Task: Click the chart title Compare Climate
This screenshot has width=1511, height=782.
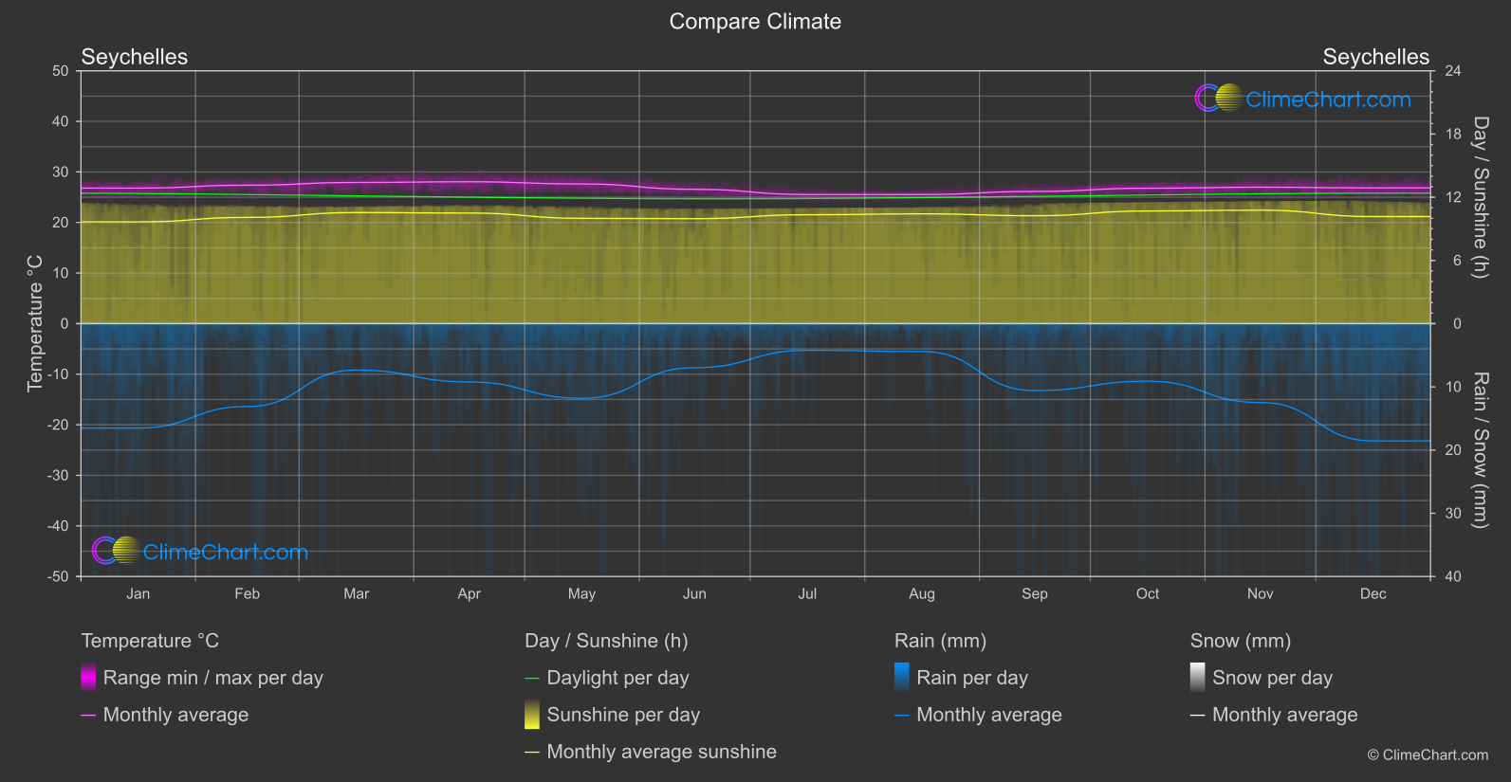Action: [755, 22]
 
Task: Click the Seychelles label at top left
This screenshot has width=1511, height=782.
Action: [135, 57]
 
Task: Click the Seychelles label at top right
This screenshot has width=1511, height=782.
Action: [1375, 57]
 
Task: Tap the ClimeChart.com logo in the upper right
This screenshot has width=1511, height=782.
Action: [1303, 99]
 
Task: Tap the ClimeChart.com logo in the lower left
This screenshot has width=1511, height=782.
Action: [200, 552]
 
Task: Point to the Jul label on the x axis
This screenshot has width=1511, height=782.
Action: [807, 594]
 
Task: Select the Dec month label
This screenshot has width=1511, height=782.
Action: [1373, 594]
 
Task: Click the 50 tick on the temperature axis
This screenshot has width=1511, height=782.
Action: [61, 71]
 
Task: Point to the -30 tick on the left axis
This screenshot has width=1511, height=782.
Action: [58, 476]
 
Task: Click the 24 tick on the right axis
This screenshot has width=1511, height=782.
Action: [1452, 71]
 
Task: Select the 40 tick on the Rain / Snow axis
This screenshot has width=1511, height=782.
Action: [1452, 576]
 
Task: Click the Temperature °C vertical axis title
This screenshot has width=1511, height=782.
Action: [35, 323]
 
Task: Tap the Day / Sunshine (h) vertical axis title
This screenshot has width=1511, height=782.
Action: [1480, 197]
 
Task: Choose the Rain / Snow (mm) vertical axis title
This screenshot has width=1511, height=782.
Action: [1480, 449]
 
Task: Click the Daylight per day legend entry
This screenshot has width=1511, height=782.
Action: [617, 678]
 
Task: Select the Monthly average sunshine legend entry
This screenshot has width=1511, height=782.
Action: [661, 752]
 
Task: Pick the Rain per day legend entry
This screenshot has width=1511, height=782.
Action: [971, 678]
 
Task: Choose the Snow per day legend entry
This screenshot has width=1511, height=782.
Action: [1272, 678]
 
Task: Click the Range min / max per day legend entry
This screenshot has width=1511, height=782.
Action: [212, 678]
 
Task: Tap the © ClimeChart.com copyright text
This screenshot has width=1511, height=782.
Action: [1428, 755]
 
